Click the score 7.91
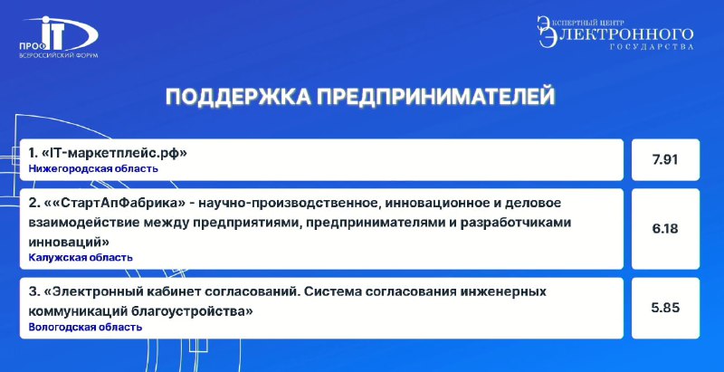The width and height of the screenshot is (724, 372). (x=665, y=159)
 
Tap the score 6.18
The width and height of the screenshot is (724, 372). (x=665, y=228)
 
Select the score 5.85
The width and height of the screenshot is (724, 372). (x=665, y=308)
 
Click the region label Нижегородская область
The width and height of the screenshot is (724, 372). (x=93, y=169)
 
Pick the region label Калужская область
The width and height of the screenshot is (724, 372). (x=81, y=258)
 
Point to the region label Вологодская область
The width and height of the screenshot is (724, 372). (x=85, y=328)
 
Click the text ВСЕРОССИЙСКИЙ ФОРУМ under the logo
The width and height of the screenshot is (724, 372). (x=58, y=55)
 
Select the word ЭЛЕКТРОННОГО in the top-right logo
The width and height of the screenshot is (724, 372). (x=619, y=35)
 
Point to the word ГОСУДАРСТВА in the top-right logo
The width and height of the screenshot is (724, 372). (x=652, y=47)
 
